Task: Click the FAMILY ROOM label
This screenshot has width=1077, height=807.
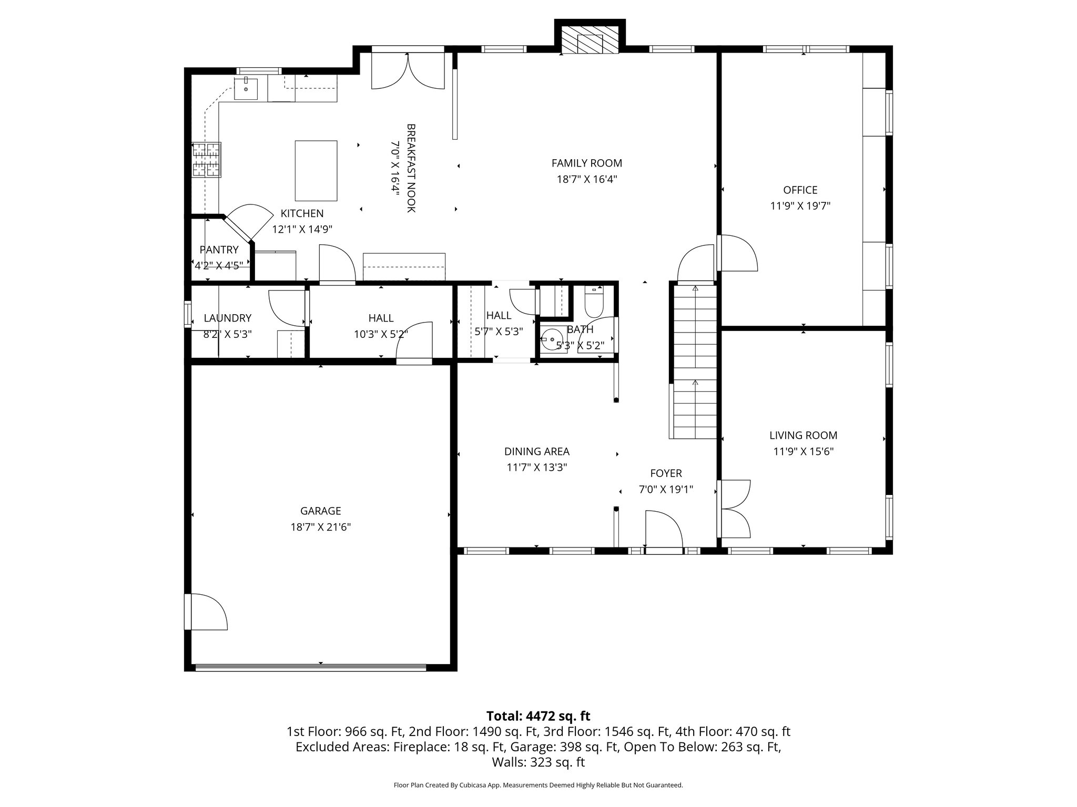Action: click(x=586, y=163)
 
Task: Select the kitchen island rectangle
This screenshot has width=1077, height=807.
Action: click(x=316, y=171)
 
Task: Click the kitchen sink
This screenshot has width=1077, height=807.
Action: click(x=246, y=89)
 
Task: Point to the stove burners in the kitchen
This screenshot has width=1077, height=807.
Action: click(x=206, y=160)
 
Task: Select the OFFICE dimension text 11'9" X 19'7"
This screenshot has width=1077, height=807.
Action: click(x=800, y=206)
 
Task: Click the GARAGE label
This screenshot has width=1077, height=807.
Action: click(x=320, y=511)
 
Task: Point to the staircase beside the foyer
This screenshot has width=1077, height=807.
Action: click(x=695, y=363)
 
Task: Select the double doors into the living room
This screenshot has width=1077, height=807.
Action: click(x=734, y=509)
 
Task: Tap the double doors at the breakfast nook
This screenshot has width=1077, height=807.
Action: click(x=408, y=71)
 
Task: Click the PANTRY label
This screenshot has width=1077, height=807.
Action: click(x=219, y=250)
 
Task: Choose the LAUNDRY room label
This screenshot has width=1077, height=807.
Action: click(x=227, y=318)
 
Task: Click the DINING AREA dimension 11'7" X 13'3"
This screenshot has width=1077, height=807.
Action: click(x=536, y=467)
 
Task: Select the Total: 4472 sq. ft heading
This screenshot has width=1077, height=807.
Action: click(x=538, y=716)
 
